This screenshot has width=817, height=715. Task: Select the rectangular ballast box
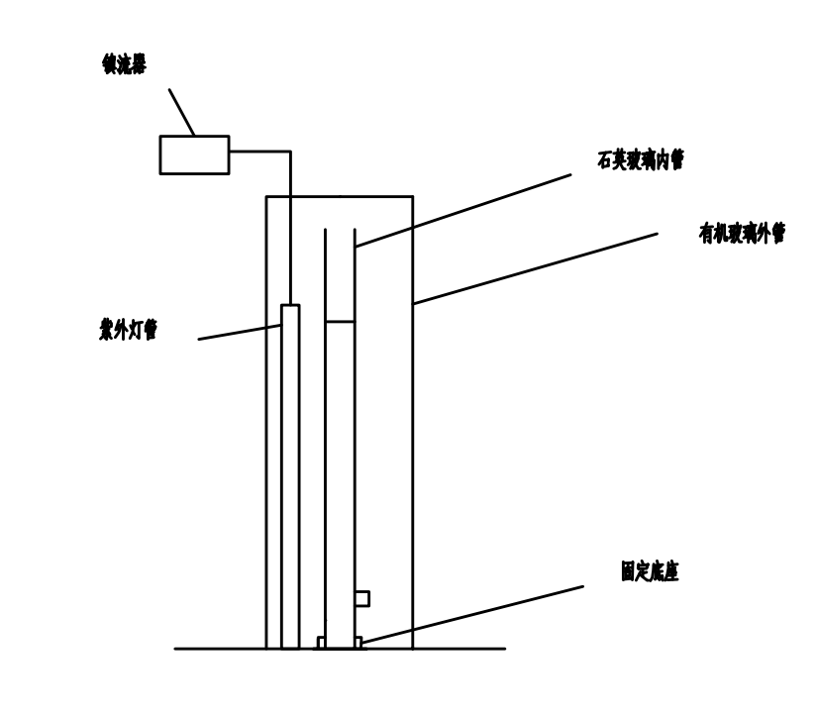[x=194, y=154]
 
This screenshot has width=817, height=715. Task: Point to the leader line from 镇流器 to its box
[x=181, y=112]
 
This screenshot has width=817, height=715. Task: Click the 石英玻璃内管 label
[x=641, y=160]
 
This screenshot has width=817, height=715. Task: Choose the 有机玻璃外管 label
[x=742, y=234]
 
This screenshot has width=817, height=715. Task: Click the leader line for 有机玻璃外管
[x=535, y=268]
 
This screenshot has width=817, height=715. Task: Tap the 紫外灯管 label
[x=128, y=331]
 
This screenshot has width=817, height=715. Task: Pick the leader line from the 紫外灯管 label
[x=240, y=332]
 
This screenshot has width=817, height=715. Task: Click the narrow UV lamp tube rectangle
[x=290, y=475]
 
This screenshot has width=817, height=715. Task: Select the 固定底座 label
[x=650, y=571]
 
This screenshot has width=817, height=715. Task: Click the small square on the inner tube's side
[x=361, y=598]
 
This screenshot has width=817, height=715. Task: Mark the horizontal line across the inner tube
[x=340, y=321]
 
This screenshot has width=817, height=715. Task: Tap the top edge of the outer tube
[x=339, y=196]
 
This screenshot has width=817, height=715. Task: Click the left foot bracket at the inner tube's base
[x=321, y=643]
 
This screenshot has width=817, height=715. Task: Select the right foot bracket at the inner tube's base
[x=357, y=643]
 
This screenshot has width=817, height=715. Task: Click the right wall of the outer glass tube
[x=412, y=446]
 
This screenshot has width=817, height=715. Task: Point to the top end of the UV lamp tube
[x=290, y=305]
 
